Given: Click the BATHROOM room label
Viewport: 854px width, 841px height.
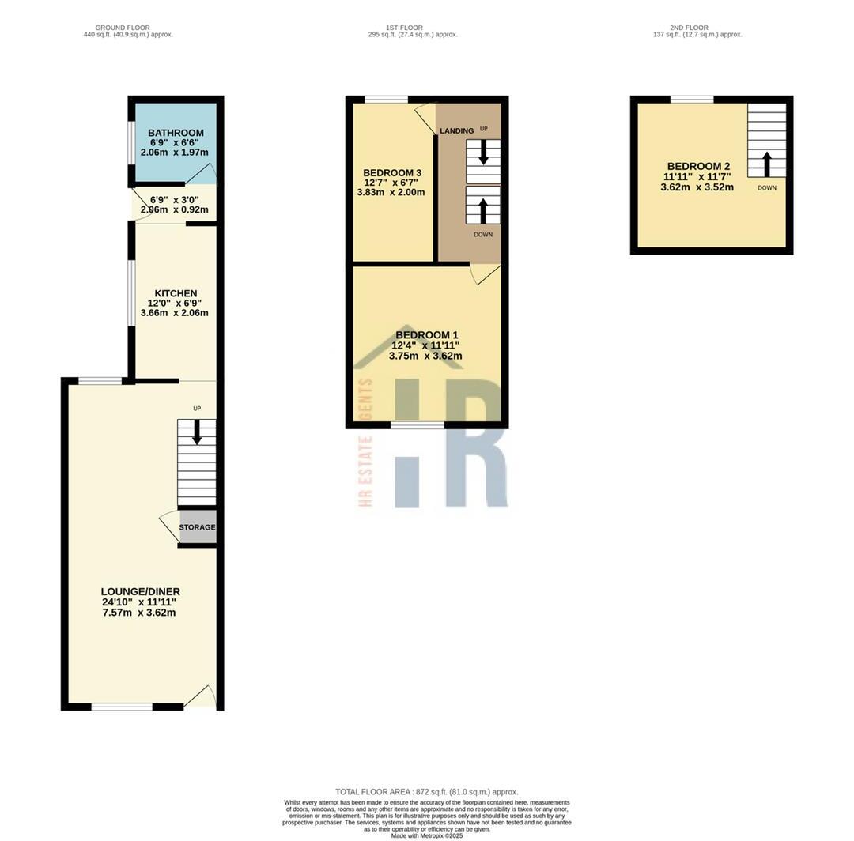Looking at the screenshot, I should pyautogui.click(x=176, y=133).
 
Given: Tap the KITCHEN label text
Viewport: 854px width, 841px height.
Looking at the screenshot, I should pyautogui.click(x=176, y=293).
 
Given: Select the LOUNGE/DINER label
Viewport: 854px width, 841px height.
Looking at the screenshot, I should pyautogui.click(x=140, y=591).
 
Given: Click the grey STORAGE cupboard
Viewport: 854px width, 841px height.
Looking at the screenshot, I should pyautogui.click(x=197, y=527).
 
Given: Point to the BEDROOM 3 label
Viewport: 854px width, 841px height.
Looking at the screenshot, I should pyautogui.click(x=391, y=173).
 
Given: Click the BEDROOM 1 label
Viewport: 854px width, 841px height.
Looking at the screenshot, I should pyautogui.click(x=426, y=335).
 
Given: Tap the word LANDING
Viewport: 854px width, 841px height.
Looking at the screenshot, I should pyautogui.click(x=456, y=130).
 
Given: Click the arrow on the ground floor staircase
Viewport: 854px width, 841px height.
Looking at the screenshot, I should pyautogui.click(x=197, y=432).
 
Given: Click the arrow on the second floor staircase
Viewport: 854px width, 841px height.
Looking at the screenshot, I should pyautogui.click(x=766, y=164).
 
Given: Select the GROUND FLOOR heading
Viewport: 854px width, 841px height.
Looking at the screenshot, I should pyautogui.click(x=123, y=28).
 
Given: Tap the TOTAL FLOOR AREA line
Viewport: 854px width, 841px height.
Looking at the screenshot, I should pyautogui.click(x=427, y=791).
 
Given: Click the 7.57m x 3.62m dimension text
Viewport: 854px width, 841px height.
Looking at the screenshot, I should pyautogui.click(x=139, y=613).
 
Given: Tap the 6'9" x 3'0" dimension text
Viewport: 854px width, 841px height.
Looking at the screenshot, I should pyautogui.click(x=174, y=200).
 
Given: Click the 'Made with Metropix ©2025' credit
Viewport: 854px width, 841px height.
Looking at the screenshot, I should pyautogui.click(x=427, y=835).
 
